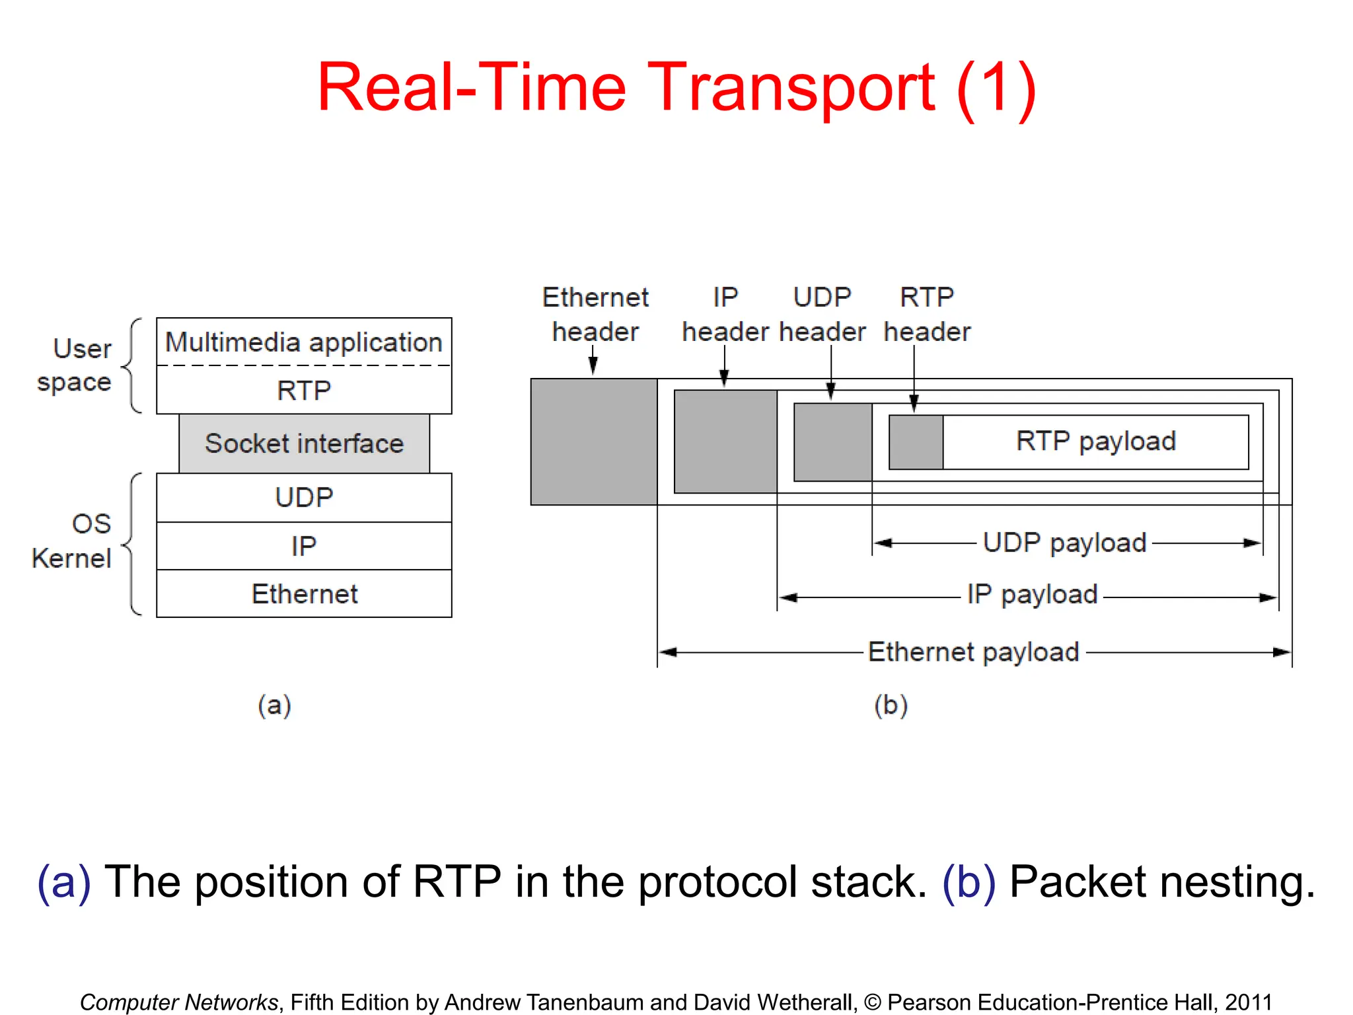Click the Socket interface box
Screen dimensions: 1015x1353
click(304, 443)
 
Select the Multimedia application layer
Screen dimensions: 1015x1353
click(304, 342)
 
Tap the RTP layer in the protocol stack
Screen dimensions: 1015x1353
click(304, 391)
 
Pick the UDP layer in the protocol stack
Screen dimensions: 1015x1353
click(304, 498)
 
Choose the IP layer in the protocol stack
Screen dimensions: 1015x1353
click(304, 546)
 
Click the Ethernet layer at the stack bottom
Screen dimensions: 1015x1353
click(304, 594)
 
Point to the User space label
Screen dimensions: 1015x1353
click(75, 365)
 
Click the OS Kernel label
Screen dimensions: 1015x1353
click(73, 541)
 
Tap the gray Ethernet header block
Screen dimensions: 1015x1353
click(593, 441)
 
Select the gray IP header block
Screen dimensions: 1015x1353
click(725, 441)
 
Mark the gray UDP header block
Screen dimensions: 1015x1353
click(832, 441)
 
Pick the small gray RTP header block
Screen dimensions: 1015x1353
click(916, 442)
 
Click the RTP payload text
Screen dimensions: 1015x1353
click(1095, 441)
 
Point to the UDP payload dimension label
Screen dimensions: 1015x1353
click(1064, 543)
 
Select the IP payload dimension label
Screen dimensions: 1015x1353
click(1032, 595)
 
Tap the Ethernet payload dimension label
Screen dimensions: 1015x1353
click(972, 652)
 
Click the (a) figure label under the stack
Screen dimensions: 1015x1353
click(274, 706)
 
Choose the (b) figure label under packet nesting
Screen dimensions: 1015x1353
click(891, 706)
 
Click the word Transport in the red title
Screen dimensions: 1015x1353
click(790, 87)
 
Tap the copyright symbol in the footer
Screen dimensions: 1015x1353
click(872, 1002)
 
